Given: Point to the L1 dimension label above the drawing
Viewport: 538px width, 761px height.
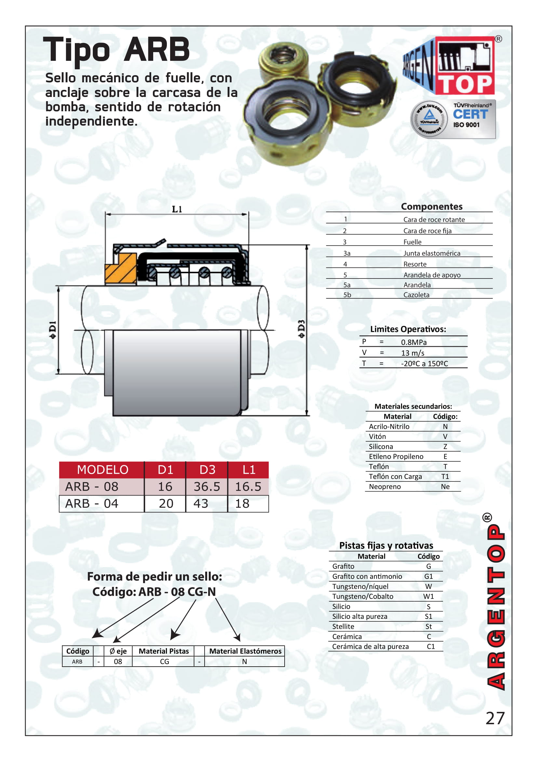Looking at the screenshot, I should [x=177, y=209].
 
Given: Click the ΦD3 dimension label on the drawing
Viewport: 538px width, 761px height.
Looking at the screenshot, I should [x=301, y=329].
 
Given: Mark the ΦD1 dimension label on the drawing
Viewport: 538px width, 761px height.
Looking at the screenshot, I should [x=53, y=330].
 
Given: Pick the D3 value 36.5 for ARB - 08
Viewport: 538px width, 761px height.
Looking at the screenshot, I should [x=207, y=486].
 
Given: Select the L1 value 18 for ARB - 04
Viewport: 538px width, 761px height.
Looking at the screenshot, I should [x=242, y=503].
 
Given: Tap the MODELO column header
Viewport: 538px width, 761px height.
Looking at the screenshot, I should [x=102, y=470].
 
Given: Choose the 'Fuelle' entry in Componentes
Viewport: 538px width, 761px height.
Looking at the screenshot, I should [x=412, y=242].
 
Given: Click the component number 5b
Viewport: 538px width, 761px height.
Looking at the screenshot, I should [x=347, y=295].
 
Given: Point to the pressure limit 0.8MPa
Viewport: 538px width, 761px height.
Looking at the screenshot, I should [x=413, y=342].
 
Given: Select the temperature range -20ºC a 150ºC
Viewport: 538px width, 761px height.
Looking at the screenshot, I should [x=424, y=363].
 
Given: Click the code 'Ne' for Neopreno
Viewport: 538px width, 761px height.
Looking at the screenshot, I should [x=445, y=486].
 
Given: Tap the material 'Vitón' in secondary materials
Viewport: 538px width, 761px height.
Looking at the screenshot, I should [x=377, y=436].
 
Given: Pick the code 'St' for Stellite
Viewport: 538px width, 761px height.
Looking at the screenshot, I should [x=428, y=626].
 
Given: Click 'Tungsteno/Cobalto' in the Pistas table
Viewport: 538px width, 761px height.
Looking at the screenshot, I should [x=363, y=596].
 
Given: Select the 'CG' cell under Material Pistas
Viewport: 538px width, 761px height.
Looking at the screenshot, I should [x=164, y=661].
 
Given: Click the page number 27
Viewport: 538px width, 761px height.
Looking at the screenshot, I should [x=495, y=718].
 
